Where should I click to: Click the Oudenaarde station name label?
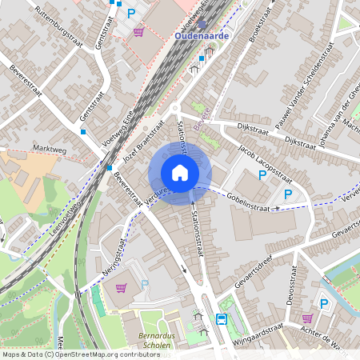[x=202, y=36]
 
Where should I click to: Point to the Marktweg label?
[x=50, y=150]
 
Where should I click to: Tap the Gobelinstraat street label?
[x=250, y=200]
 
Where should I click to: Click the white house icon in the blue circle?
[x=180, y=173]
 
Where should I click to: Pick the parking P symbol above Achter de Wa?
[x=324, y=303]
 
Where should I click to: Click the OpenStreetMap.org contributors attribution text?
[x=104, y=354]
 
